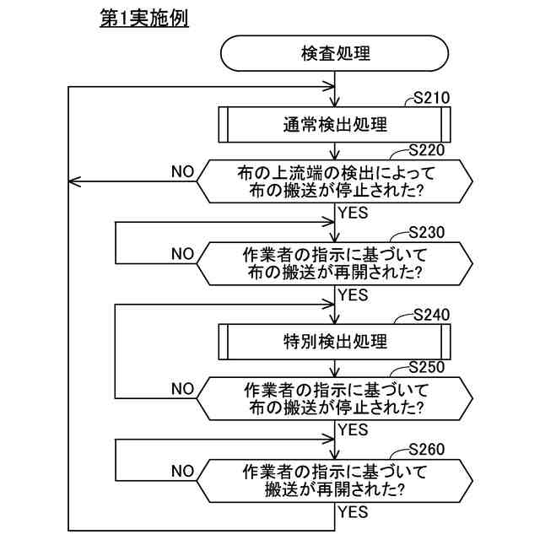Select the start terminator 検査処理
tap(335, 53)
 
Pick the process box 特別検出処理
tap(335, 342)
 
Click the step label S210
tap(431, 100)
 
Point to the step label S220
tap(427, 151)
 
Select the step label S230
tap(426, 231)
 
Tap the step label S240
tap(432, 316)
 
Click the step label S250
tap(427, 367)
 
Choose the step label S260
tap(426, 449)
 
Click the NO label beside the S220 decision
tap(182, 171)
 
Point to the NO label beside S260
tap(182, 469)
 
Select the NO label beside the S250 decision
tap(182, 388)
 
